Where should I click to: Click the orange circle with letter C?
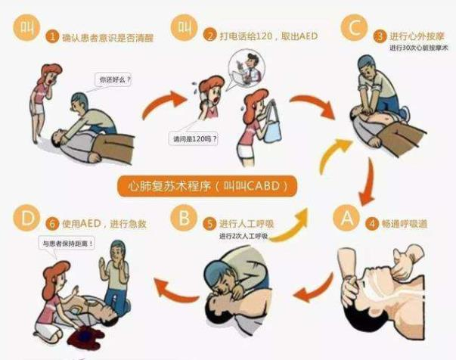tap(354, 27)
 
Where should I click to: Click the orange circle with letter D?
tap(26, 218)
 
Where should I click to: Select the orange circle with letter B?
tap(184, 218)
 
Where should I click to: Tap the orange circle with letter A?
tap(346, 218)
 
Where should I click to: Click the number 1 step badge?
tap(52, 36)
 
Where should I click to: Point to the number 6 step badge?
tap(53, 224)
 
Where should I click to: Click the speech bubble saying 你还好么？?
tap(113, 79)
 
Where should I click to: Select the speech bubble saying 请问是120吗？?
tap(194, 138)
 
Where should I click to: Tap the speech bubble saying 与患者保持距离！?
tap(67, 243)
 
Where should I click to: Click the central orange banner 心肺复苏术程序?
tap(207, 186)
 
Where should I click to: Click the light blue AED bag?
tap(272, 126)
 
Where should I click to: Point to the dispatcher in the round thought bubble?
tap(247, 67)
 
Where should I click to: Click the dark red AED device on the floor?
tap(85, 337)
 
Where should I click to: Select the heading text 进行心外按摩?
tap(417, 36)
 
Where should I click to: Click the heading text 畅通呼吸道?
tap(405, 224)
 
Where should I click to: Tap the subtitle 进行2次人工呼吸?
tap(243, 236)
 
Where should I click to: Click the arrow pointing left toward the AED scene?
tap(175, 290)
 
